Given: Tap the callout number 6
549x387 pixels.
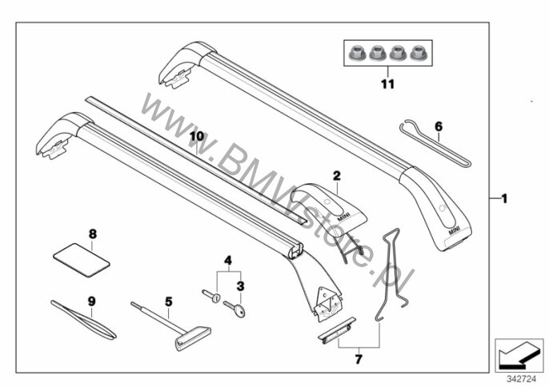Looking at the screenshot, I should coord(438,126).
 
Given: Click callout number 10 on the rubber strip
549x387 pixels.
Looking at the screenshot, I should coord(196,137).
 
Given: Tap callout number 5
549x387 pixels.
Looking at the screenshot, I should coord(168,301).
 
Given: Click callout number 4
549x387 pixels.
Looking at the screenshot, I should coord(227,261).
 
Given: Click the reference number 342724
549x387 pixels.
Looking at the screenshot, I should coord(520,376).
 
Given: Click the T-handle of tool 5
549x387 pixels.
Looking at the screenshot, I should coord(192,338).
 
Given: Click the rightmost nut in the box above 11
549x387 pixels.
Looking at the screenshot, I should coord(415,54).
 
